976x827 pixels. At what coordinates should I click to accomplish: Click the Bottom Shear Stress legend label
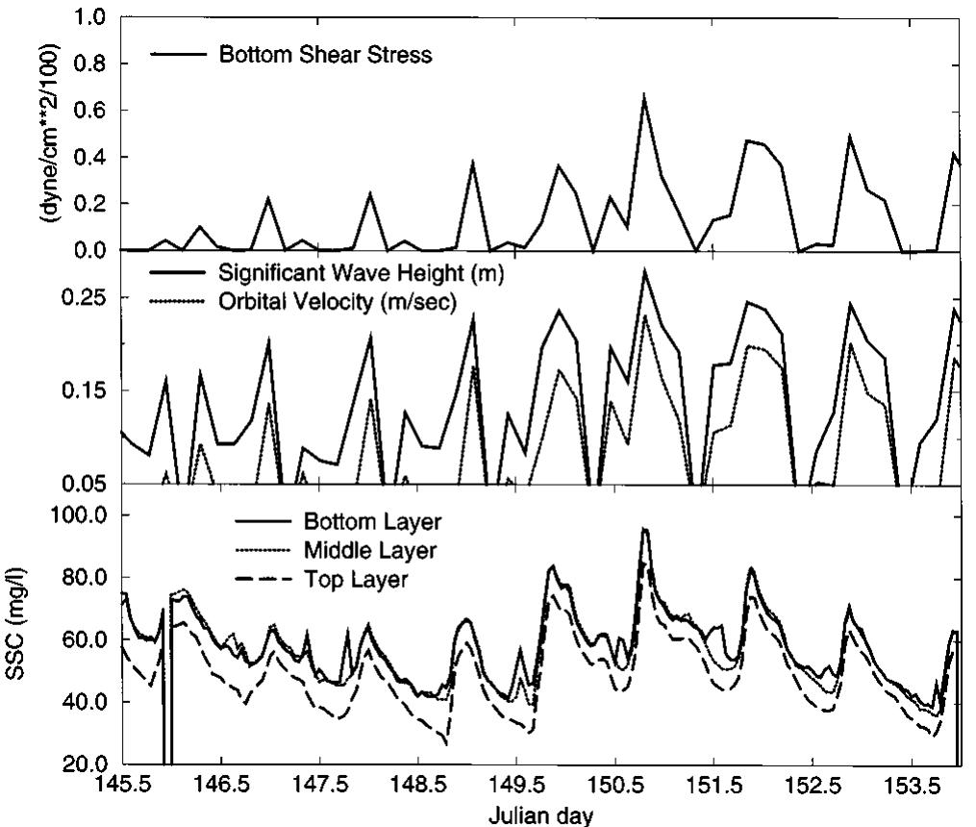325,54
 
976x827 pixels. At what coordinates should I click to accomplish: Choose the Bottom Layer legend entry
372,522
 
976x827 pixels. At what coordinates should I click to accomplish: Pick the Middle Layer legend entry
370,551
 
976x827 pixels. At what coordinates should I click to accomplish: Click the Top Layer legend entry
359,580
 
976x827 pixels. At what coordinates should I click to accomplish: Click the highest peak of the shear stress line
644,94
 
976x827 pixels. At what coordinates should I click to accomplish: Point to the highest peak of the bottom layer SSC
644,529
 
